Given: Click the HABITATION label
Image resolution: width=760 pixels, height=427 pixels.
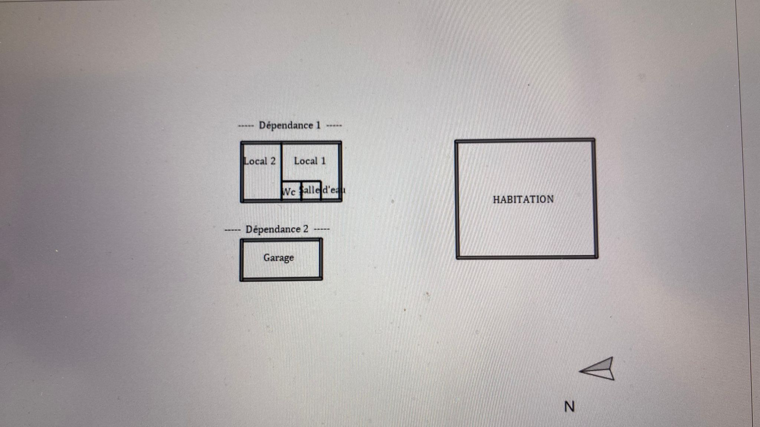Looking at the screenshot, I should coord(523,199).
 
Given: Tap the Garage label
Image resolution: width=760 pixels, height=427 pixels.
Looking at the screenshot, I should coord(278,258).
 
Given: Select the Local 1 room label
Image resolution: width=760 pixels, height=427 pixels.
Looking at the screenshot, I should coord(309,161).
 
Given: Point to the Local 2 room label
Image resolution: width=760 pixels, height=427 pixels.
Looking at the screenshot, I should coord(260,161).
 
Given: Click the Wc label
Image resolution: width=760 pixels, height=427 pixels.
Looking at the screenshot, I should coord(289,192).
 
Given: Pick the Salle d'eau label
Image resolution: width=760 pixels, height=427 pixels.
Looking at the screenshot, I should coord(322,190).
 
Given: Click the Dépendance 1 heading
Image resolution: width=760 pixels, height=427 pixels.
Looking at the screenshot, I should coord(289,125).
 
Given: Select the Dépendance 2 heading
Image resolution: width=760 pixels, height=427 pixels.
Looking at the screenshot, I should coord(277,229).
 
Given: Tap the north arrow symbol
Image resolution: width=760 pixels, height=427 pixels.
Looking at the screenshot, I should coord(599,369).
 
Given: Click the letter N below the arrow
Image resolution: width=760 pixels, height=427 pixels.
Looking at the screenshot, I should coord(569,407).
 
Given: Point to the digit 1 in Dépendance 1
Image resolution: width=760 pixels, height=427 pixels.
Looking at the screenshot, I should coord(318,125).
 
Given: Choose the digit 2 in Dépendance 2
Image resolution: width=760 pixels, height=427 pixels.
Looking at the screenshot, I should coord(305,229).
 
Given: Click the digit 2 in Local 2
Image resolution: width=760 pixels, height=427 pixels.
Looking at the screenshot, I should coord(273,161).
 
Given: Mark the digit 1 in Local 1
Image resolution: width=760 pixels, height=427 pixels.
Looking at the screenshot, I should coord(323,161).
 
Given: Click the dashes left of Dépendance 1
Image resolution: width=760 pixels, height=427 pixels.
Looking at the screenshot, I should coord(246,126).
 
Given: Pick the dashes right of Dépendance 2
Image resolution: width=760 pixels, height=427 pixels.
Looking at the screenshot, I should coord(322,229).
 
